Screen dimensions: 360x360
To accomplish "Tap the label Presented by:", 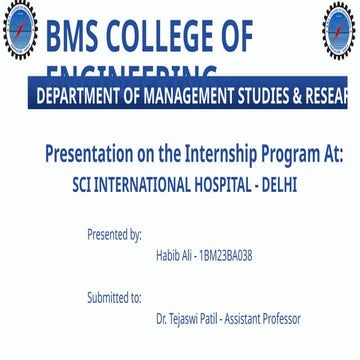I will click(114, 235).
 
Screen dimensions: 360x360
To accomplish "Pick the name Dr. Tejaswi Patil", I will click(187, 319).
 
